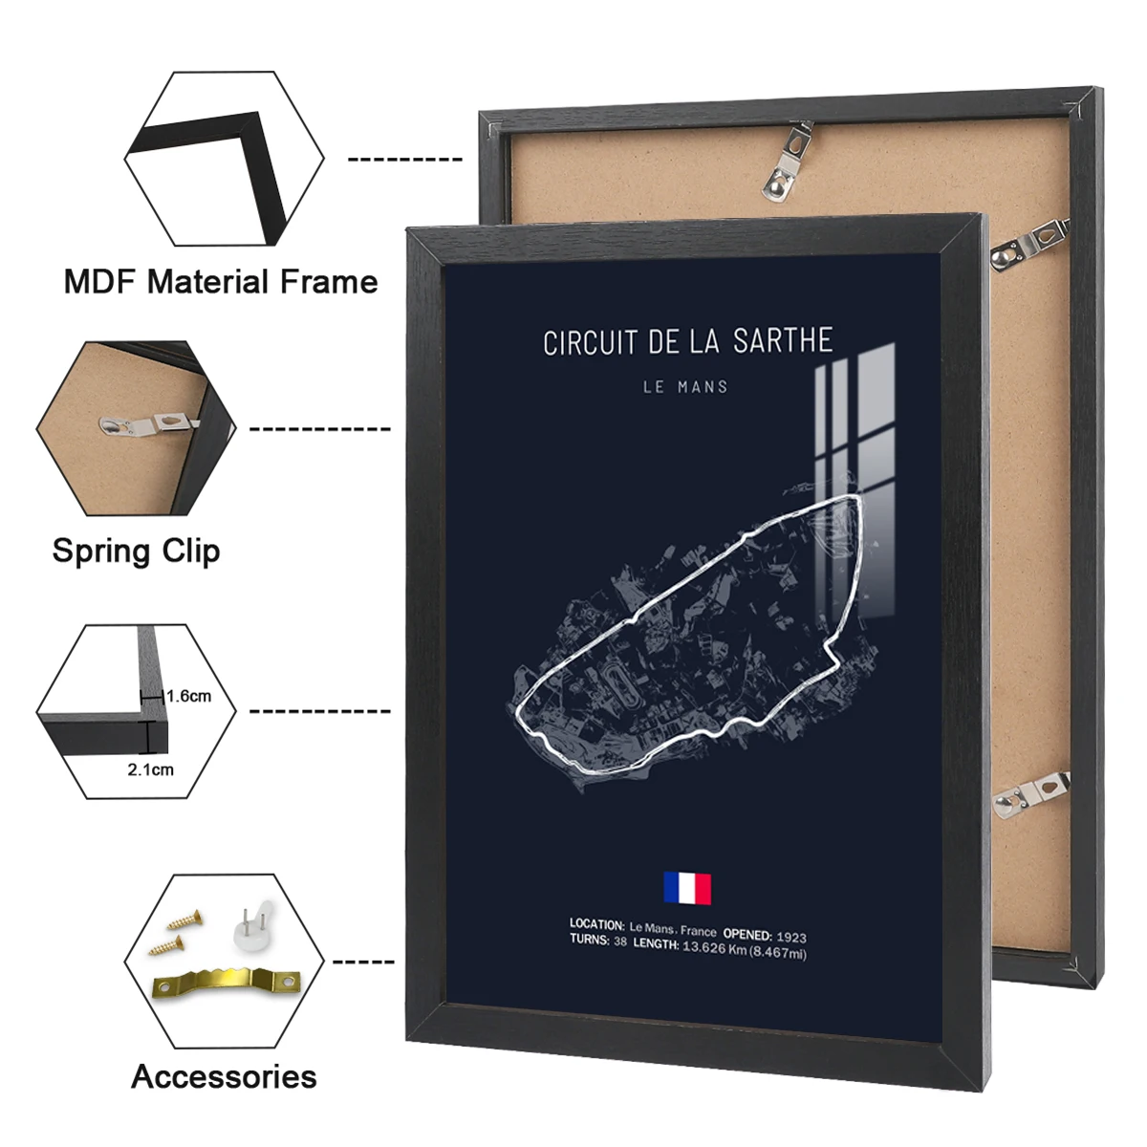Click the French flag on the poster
click(687, 888)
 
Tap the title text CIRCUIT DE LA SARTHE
click(687, 342)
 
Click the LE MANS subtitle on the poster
click(685, 387)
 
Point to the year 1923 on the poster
click(790, 937)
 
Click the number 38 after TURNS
click(620, 941)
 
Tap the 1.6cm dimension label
click(188, 696)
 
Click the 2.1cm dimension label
click(151, 769)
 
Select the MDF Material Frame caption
click(220, 282)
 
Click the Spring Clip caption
click(136, 551)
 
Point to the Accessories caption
click(224, 1076)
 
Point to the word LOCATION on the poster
click(596, 923)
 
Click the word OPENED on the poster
click(747, 934)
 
